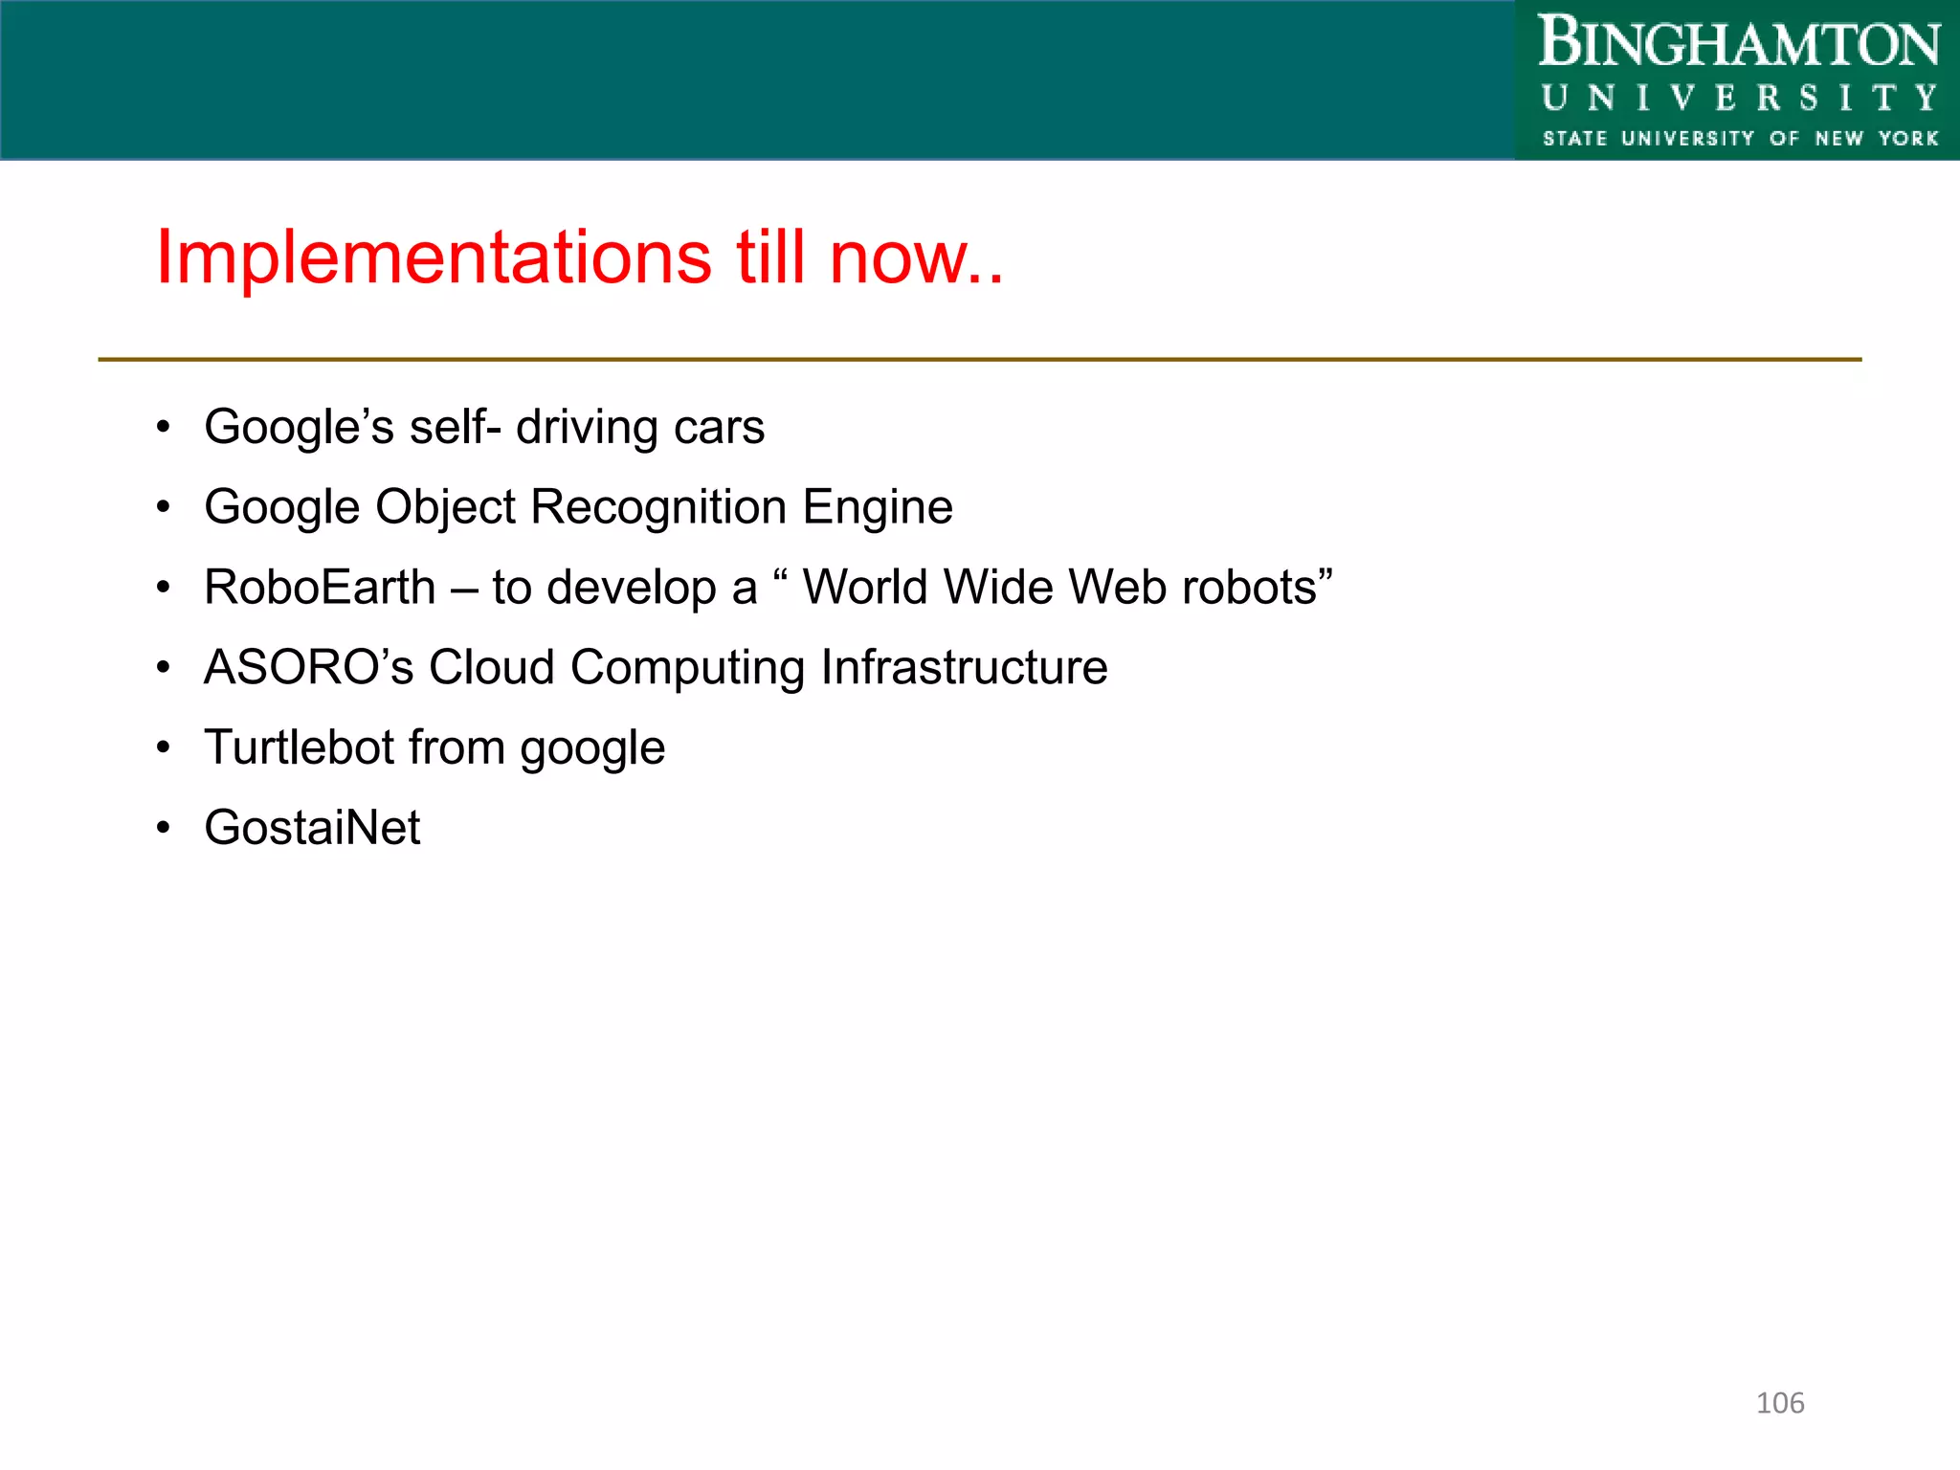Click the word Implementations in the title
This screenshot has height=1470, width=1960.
pos(434,257)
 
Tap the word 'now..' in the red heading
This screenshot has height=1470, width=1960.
pos(916,257)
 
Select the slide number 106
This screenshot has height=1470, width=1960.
pos(1780,1403)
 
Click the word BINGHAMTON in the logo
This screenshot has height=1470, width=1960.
pos(1738,44)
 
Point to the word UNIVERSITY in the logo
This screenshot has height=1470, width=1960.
pos(1738,98)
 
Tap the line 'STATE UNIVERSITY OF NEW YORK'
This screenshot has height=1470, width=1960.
pos(1740,139)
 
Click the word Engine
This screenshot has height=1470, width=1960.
pos(878,508)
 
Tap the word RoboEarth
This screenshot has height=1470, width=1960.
pos(320,587)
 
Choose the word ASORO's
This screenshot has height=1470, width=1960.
pos(308,667)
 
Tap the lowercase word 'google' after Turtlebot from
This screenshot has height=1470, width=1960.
pos(592,749)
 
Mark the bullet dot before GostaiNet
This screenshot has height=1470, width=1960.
pos(164,827)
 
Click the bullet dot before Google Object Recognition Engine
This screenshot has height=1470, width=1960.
pos(164,507)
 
